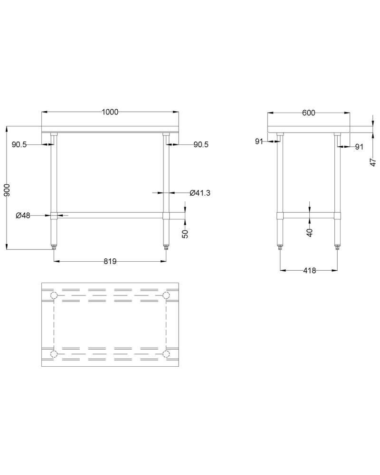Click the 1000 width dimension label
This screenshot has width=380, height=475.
coord(110,112)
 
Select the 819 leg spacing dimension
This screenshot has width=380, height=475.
coord(110,261)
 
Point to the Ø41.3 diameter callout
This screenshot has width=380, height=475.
coord(199,193)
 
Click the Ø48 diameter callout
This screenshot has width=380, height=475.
coord(23,215)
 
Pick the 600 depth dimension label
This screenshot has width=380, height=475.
coord(308,113)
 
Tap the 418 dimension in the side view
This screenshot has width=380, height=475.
coord(309,270)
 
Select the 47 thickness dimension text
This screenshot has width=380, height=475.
coord(373,161)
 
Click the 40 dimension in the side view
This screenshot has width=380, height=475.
coord(310,232)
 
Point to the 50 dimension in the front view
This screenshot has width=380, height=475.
coord(186,233)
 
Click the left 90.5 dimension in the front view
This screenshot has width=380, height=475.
coord(19,144)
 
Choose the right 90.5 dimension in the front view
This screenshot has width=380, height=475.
coord(201,144)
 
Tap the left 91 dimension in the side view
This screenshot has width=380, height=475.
coord(259,141)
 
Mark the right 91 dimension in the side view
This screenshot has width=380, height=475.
coord(359,147)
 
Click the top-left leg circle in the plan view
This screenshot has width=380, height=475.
coord(54,296)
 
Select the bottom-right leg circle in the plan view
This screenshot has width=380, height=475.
coord(166,354)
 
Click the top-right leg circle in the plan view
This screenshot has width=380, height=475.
coord(166,296)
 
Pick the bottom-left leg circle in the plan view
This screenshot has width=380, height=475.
coord(54,354)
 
